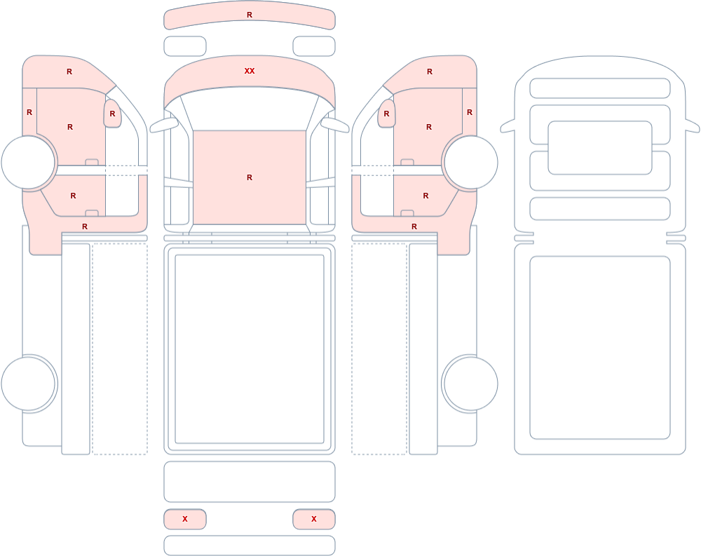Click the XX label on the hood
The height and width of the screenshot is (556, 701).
250,71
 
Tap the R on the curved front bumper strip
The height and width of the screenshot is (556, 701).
250,15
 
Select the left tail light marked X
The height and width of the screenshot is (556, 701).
185,519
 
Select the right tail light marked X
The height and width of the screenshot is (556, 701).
314,519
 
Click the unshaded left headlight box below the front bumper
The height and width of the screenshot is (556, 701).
185,46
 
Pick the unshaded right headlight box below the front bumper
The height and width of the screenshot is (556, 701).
314,46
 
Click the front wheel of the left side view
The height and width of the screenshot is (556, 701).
28,162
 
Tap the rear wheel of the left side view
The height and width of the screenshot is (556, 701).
28,384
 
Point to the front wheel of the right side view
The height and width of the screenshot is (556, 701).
471,162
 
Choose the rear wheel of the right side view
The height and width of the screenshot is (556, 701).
471,384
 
